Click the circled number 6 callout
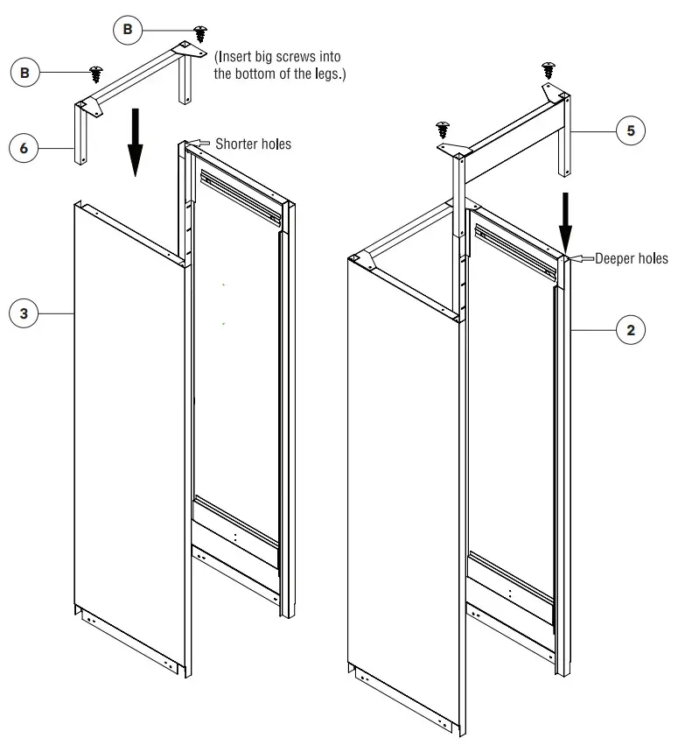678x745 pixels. click(24, 148)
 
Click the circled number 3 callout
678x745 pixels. click(24, 313)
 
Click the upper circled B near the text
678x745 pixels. click(128, 31)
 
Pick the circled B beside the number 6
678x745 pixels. click(24, 73)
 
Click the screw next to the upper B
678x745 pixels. click(201, 33)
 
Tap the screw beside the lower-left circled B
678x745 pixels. click(96, 72)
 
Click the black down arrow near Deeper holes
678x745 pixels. click(565, 223)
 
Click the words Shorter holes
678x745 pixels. click(253, 144)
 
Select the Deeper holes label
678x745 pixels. click(631, 259)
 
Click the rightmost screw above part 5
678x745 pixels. click(549, 68)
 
